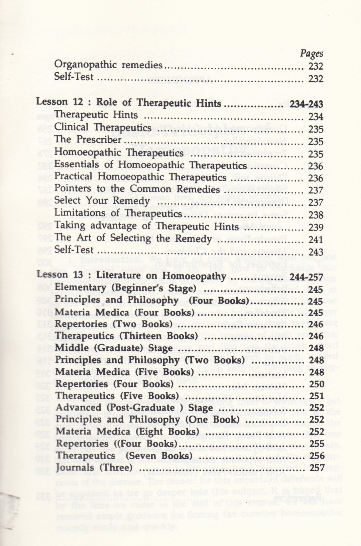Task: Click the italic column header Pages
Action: coord(311,54)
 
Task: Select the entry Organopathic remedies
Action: coord(108,66)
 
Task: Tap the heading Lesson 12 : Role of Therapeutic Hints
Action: coord(129,103)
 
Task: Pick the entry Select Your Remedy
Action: coord(101,201)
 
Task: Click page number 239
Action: coord(316,227)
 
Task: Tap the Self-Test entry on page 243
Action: coord(74,250)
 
